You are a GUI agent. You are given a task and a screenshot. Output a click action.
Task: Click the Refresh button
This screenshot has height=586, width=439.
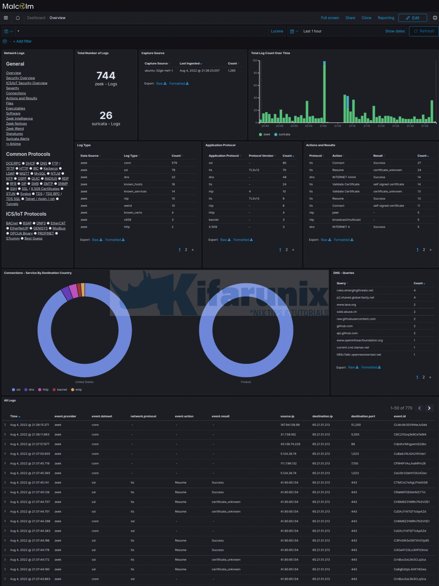coord(424,31)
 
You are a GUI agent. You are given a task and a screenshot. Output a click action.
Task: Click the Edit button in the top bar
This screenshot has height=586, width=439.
coord(412,18)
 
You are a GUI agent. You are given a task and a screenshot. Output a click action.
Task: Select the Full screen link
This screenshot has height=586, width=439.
coord(329,18)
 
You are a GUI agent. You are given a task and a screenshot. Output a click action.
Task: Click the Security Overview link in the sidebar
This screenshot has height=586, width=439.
coord(20,78)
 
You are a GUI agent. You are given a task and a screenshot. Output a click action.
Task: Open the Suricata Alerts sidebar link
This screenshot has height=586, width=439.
coord(18,139)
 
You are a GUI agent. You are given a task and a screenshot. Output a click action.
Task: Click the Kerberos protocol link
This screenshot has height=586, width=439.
coord(50,169)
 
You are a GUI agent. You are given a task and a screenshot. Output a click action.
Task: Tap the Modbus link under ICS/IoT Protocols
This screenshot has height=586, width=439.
coord(59,229)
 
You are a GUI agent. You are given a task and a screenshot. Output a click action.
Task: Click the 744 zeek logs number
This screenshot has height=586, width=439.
coord(106,76)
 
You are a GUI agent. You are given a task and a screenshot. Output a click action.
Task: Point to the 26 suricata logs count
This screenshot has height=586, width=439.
coord(106,116)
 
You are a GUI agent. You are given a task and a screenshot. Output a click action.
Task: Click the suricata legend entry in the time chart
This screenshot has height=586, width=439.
coord(284,134)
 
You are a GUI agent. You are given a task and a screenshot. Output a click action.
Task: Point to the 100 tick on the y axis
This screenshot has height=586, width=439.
coord(255,61)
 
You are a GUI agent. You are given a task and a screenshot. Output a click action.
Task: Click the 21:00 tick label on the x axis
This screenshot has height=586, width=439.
coord(323,126)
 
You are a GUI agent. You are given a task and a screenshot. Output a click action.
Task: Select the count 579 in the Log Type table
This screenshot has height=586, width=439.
coord(174,163)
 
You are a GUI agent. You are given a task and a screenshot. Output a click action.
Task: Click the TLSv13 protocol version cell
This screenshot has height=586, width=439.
coord(254,199)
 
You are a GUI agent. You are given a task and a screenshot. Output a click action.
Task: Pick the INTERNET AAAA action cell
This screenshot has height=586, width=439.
coord(344,177)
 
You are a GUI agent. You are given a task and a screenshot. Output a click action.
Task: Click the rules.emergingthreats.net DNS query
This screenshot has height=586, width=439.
coord(355,291)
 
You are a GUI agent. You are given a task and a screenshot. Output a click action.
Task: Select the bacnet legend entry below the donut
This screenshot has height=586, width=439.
coord(62,390)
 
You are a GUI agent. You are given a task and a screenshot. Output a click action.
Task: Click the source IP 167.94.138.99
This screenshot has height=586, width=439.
coord(290,425)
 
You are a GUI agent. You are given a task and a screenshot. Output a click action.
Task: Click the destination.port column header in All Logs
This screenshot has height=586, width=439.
coord(363,416)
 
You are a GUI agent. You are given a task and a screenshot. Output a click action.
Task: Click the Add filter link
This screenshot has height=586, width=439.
coord(24,42)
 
